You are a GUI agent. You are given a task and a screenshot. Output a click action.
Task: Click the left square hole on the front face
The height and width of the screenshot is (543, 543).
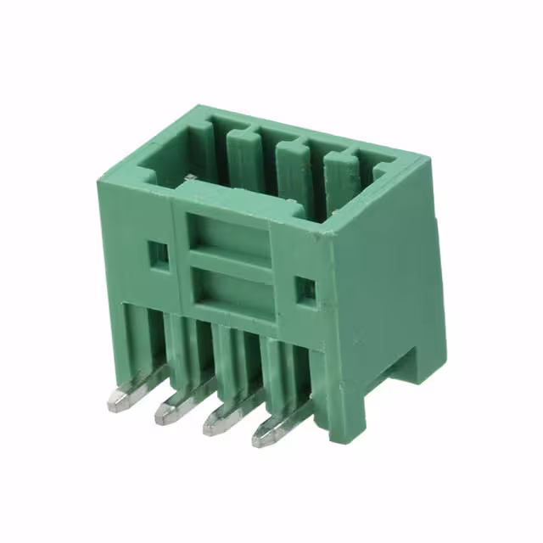tap(157, 252)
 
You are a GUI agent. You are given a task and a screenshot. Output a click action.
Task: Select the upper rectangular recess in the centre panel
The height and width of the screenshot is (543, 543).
tap(229, 237)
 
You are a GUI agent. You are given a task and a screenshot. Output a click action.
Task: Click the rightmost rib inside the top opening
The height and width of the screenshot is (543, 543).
tap(339, 182)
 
